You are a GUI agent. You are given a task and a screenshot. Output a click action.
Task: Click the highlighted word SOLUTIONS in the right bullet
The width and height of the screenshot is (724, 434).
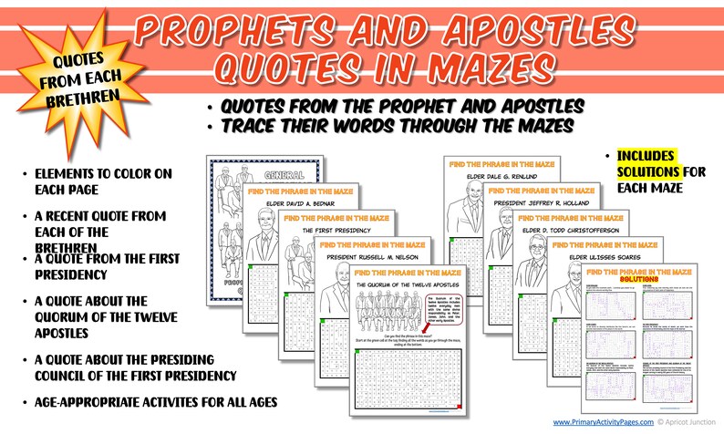click(646, 172)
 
